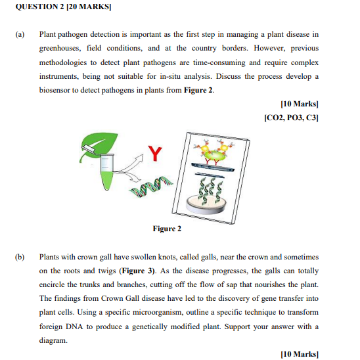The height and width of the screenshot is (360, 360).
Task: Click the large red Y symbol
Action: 154,155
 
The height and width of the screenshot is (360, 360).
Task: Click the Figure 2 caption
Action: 167,229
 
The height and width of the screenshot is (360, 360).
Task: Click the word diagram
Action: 56,340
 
